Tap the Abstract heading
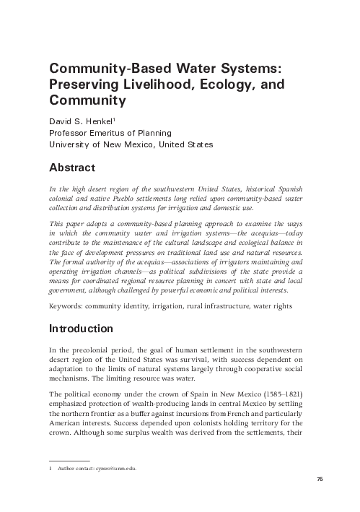71,168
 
